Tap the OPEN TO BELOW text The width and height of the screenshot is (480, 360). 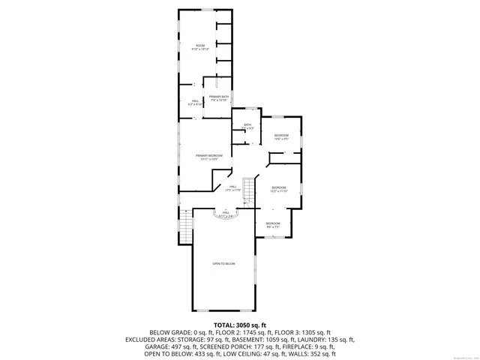click(223, 264)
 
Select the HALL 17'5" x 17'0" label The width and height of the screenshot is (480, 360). click(232, 187)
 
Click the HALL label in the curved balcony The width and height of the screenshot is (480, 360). click(225, 213)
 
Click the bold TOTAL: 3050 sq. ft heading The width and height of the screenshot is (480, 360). click(239, 323)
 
